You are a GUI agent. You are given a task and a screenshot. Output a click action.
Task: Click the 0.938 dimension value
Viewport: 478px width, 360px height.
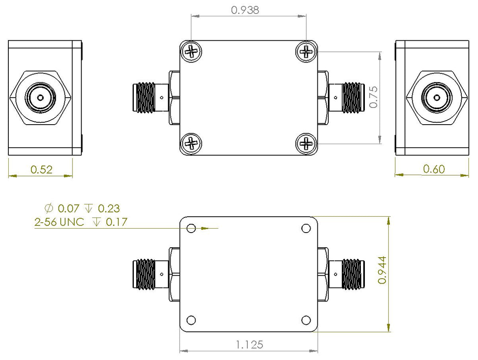(245, 10)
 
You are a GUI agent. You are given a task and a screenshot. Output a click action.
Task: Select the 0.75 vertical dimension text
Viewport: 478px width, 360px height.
(374, 97)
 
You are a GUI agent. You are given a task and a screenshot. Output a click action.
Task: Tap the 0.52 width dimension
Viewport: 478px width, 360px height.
(41, 170)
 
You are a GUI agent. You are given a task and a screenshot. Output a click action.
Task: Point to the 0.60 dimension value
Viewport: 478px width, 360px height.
(434, 169)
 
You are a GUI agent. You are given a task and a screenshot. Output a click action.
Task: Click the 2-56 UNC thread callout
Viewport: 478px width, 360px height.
(59, 222)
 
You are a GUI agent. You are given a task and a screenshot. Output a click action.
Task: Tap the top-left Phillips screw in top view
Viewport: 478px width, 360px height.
(192, 52)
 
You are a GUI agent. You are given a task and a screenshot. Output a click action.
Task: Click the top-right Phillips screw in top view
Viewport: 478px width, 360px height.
(306, 52)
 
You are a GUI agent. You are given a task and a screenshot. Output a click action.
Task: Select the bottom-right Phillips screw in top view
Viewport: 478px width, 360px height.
(306, 143)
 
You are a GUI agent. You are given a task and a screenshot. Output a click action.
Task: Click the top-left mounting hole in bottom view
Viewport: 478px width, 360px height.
(192, 228)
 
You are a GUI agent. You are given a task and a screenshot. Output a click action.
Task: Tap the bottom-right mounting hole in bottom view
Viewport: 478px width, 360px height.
(306, 320)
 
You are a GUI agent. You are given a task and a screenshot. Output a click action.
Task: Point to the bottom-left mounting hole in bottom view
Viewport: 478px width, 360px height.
(192, 320)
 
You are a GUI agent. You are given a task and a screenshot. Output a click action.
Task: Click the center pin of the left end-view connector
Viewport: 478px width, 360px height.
(40, 98)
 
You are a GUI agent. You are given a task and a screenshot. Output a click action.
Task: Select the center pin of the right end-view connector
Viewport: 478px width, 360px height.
(437, 98)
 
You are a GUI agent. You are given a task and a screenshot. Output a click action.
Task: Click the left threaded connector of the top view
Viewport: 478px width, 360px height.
(144, 98)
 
